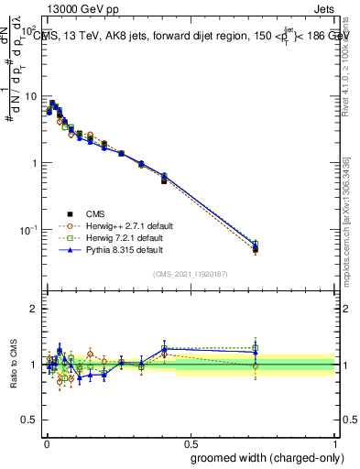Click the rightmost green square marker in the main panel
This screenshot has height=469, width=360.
click(x=256, y=245)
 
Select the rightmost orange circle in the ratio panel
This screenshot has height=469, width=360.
click(x=256, y=365)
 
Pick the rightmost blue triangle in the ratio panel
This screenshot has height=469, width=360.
click(x=256, y=352)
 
